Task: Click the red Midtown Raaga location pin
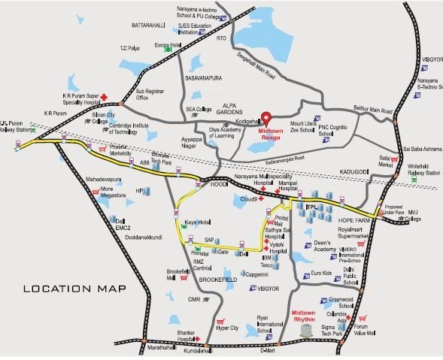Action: pos(264,118)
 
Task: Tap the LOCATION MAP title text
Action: pos(74,289)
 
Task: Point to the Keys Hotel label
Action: pos(197,224)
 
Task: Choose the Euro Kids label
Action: pos(322,274)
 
